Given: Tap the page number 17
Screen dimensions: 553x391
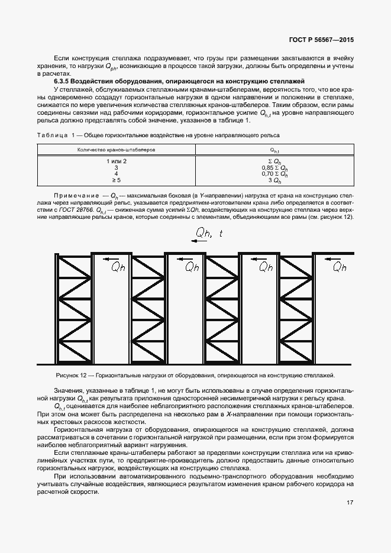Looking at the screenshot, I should pos(350,503).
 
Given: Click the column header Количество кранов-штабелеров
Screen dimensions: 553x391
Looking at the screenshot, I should pos(116,150).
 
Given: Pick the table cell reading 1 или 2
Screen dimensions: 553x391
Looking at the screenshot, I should pos(117,161).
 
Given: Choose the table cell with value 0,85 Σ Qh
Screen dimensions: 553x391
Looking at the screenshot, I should pos(274,167).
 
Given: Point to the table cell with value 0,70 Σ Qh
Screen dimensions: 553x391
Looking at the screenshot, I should pos(274,174).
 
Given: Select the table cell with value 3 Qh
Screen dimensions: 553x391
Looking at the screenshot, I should pos(274,180).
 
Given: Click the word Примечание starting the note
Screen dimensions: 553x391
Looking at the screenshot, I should pos(76,195).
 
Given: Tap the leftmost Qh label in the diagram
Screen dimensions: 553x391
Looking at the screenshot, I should pos(118,267).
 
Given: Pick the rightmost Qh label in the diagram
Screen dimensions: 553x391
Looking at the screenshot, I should pos(339,267).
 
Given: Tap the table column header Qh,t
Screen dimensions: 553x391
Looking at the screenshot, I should pos(274,150).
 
